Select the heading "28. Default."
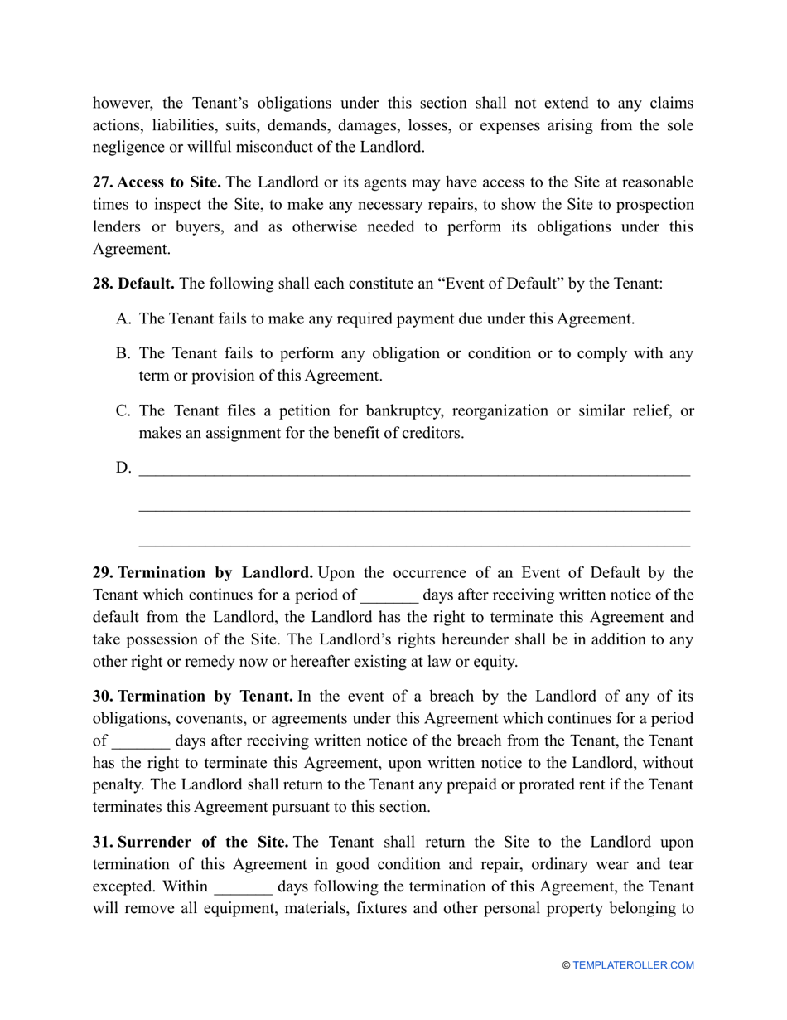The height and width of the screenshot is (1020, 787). pos(133,284)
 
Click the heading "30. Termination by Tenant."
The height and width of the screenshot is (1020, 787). pos(192,697)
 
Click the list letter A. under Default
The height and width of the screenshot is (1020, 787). pos(123,318)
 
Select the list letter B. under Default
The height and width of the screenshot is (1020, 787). pos(123,353)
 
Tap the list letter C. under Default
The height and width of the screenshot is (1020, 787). pos(123,411)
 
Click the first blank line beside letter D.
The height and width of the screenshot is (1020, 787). pos(414,471)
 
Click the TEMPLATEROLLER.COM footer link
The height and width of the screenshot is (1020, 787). pos(633,965)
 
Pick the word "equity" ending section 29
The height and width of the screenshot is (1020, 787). pos(493,662)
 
